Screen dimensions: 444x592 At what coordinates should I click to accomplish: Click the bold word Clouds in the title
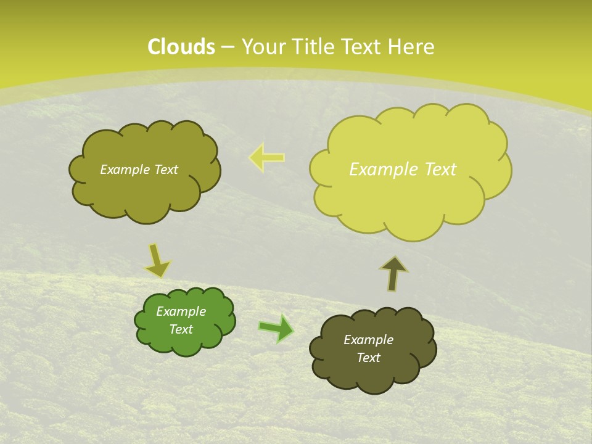coord(181,47)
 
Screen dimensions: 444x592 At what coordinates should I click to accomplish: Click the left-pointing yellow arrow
coord(267,157)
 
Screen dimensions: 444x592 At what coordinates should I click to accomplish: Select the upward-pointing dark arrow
coord(393,273)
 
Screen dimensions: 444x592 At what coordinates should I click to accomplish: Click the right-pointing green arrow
coord(277,328)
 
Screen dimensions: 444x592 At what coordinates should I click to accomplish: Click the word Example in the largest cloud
coord(382,170)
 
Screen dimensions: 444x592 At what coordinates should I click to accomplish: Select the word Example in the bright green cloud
coord(181,311)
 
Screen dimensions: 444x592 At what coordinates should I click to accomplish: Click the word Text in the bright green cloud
coord(181,329)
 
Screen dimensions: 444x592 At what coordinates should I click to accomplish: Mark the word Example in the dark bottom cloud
coord(369,340)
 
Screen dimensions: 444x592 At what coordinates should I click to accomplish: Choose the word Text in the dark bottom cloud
coord(369,358)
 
